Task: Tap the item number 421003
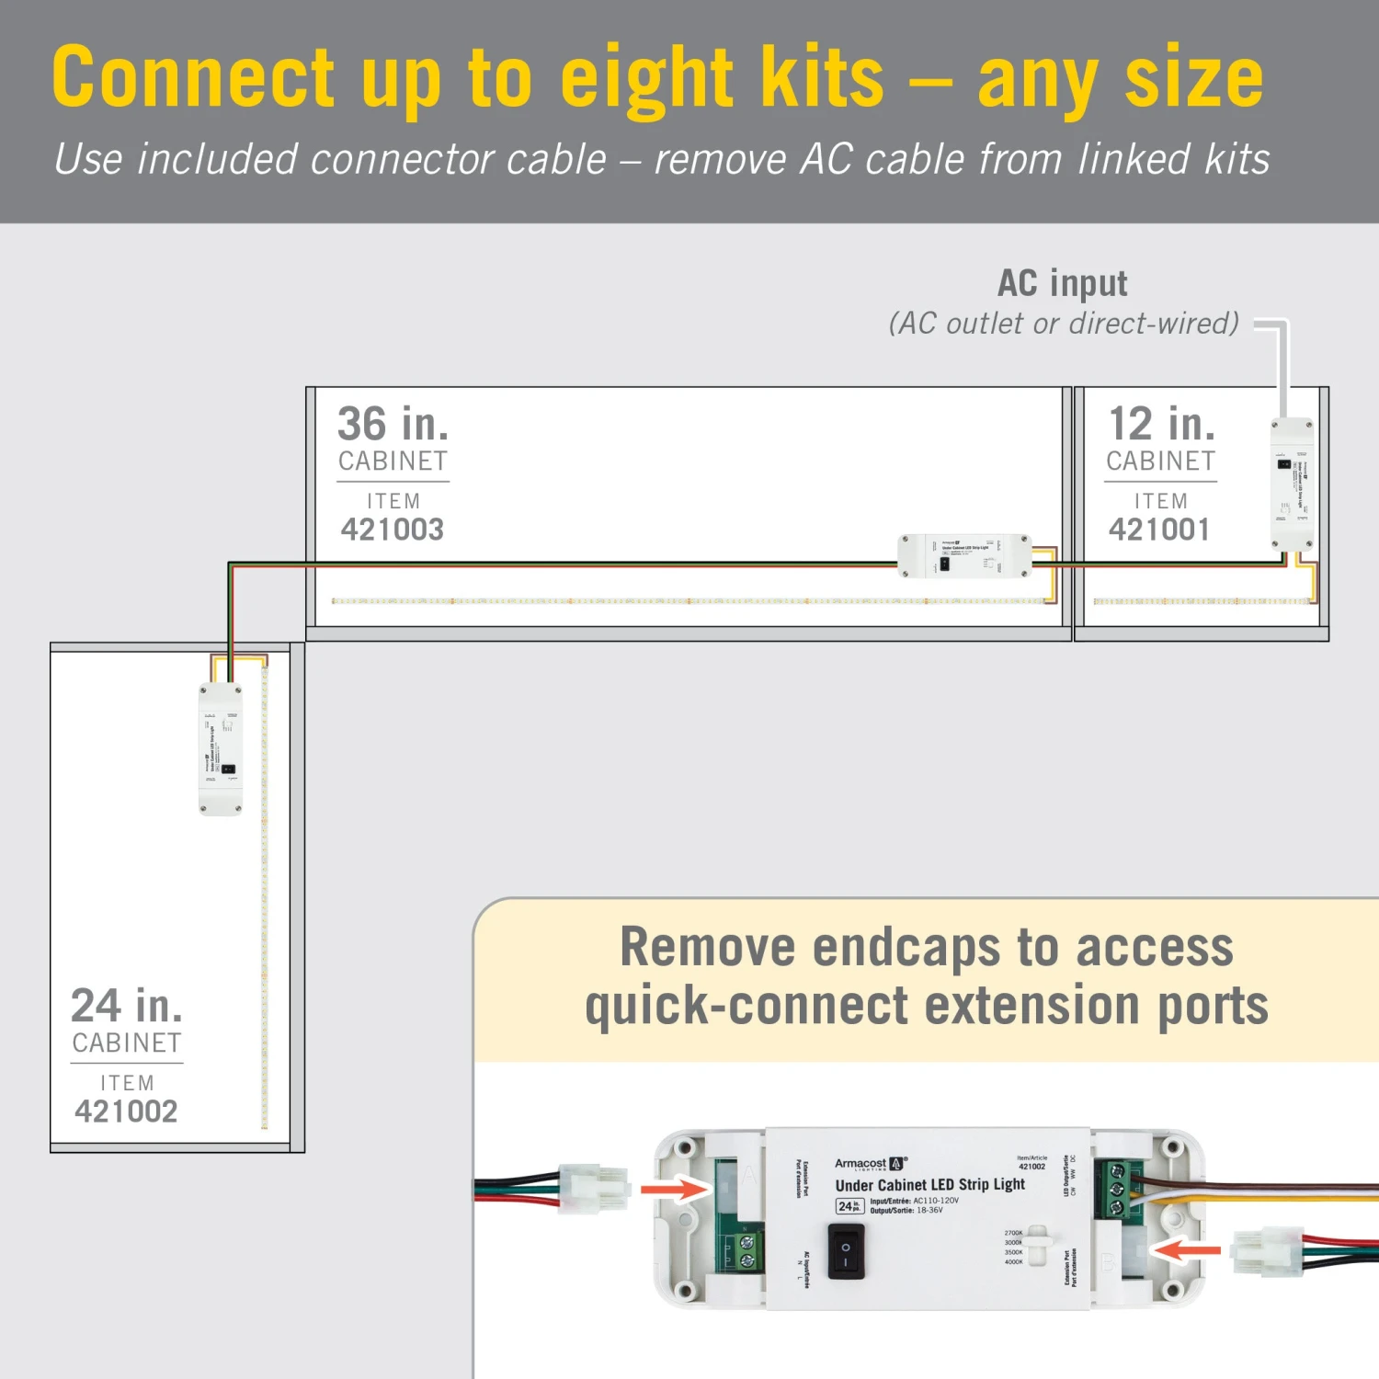point(393,530)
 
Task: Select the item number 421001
point(1159,530)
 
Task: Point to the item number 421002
point(127,1111)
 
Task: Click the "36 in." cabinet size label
point(393,425)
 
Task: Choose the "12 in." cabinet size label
point(1162,425)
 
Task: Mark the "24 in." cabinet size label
point(127,1006)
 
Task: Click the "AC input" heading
point(1063,284)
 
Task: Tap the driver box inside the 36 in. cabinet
point(964,556)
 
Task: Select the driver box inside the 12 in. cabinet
point(1292,484)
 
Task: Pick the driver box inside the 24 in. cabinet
point(221,749)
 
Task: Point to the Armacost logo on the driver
point(870,1164)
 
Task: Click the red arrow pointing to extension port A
point(676,1190)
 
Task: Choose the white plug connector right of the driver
point(1267,1251)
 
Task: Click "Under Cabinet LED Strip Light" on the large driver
point(929,1185)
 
